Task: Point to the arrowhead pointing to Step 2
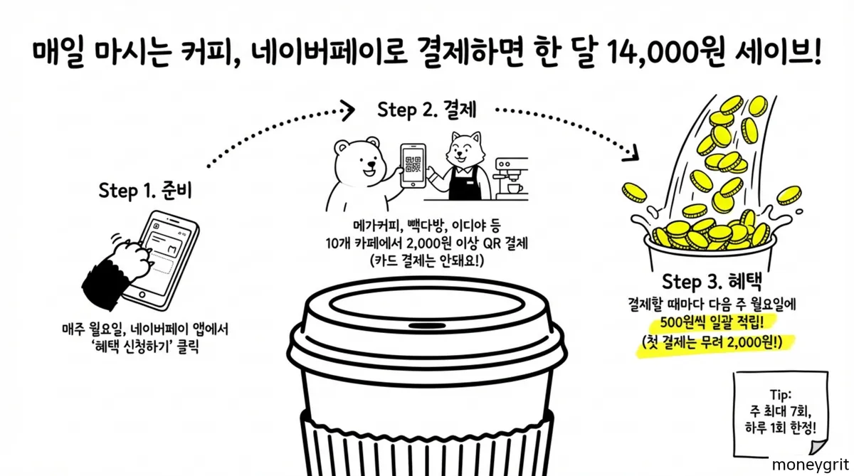pyautogui.click(x=347, y=110)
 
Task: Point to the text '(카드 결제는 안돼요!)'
pyautogui.click(x=426, y=261)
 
